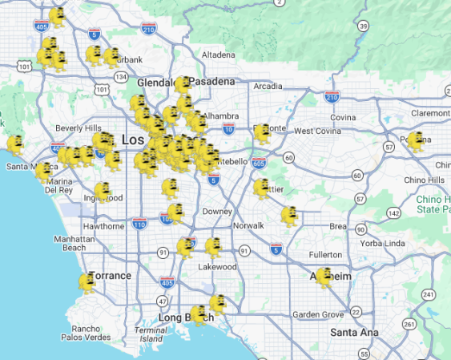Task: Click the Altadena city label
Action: [x=218, y=55]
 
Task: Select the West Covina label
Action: [x=318, y=131]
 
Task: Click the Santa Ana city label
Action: [x=353, y=332]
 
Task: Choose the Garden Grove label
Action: [x=317, y=314]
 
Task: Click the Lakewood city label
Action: [x=218, y=266]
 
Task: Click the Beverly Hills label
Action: [x=79, y=128]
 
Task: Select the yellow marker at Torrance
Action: [x=87, y=282]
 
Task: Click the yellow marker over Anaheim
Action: [x=324, y=277]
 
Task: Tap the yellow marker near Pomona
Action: [x=415, y=141]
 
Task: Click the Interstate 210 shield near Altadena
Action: [x=149, y=30]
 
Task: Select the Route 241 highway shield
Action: [x=429, y=294]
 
